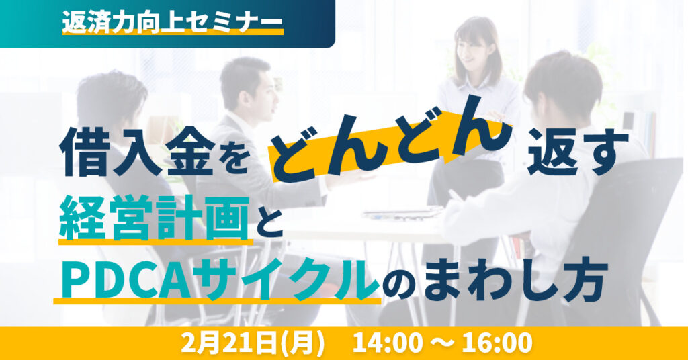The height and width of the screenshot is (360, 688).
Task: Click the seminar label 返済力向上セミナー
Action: [x=171, y=22]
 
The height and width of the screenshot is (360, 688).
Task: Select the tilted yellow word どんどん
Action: [x=394, y=138]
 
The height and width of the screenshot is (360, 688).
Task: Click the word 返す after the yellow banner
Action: [x=578, y=152]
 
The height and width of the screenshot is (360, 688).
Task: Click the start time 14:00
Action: [x=390, y=343]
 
